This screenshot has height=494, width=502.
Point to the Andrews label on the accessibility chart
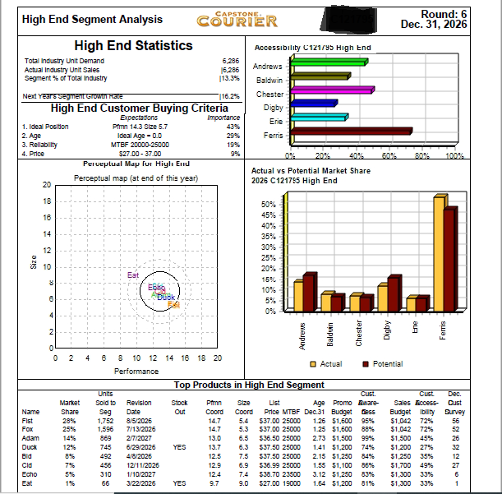267,67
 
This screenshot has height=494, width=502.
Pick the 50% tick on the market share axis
268,181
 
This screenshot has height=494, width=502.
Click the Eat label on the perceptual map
133,275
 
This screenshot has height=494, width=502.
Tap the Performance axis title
136,372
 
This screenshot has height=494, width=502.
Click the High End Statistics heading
133,46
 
